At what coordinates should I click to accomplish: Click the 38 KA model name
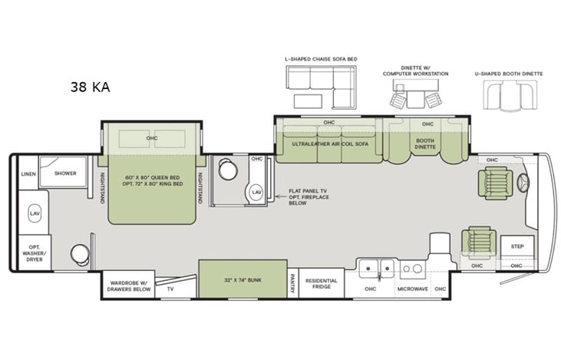[90, 87]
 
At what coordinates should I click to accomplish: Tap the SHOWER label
[65, 173]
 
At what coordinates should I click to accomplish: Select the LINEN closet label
[28, 174]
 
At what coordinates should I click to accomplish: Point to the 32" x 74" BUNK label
[243, 281]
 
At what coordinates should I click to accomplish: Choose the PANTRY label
[292, 285]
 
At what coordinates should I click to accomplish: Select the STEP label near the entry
[516, 247]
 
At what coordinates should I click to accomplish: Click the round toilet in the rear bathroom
[79, 253]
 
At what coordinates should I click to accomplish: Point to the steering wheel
[525, 183]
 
